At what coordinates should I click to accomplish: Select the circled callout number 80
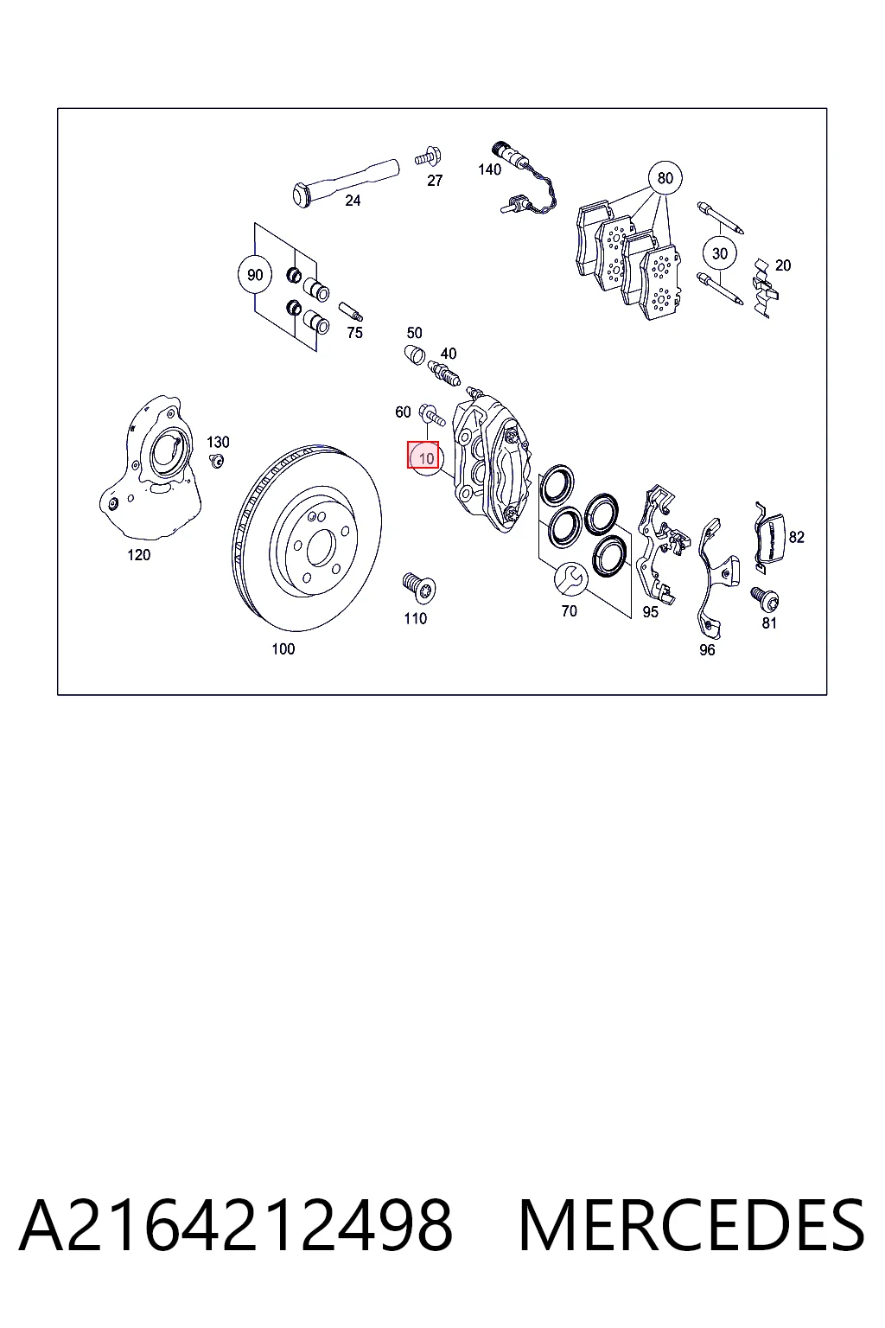pos(665,178)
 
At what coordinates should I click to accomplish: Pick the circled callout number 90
pos(255,275)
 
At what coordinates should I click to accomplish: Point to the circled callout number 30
pos(720,253)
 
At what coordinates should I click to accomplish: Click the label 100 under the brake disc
pos(283,649)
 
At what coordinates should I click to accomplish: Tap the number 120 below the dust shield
pos(138,555)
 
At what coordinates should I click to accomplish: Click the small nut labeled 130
pos(217,460)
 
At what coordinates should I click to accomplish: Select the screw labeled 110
pos(419,587)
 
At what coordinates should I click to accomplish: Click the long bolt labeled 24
pos(346,182)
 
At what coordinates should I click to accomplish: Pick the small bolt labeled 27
pos(429,157)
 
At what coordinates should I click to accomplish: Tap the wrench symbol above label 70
pos(570,579)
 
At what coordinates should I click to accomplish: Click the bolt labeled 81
pos(765,599)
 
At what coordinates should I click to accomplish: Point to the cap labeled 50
pos(415,354)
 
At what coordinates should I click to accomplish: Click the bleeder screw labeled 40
pos(444,373)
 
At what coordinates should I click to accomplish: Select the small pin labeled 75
pos(350,312)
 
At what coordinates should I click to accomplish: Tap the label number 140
pos(490,169)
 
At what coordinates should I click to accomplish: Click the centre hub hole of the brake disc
pos(319,546)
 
